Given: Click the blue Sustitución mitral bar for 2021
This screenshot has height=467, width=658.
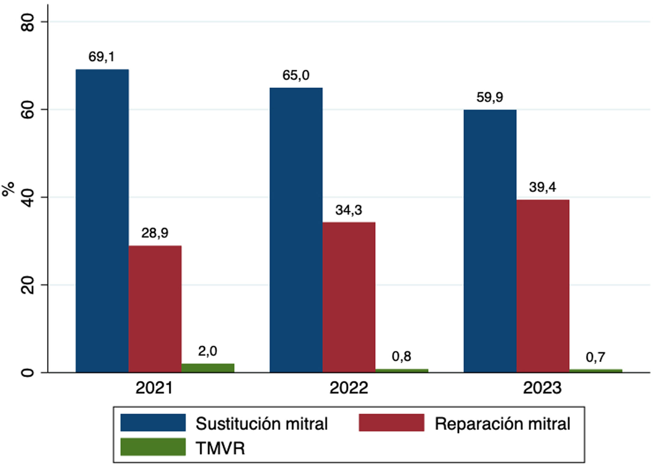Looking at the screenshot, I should point(102,221).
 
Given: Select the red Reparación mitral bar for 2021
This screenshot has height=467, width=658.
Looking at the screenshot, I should point(155,309).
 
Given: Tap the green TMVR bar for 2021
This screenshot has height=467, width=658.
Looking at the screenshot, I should point(208,368).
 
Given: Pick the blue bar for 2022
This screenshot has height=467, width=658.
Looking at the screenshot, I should point(296,230).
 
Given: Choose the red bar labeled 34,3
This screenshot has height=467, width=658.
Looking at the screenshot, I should point(349,297).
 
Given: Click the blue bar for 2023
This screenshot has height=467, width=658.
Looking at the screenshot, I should point(490,241).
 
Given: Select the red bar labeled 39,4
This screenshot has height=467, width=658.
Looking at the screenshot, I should point(543,286).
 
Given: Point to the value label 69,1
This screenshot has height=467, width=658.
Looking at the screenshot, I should point(101,57).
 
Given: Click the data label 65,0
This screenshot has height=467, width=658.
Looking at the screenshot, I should point(296,75).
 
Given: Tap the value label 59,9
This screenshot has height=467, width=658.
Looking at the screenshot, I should point(489,97).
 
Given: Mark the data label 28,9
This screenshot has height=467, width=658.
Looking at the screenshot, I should point(155,233).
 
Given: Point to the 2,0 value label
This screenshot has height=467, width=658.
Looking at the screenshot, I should point(207,351).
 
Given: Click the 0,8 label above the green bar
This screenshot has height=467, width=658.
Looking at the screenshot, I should point(401,356).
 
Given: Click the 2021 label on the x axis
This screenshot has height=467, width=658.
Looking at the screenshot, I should point(154,388).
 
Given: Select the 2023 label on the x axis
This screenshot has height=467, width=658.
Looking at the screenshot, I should point(542,388).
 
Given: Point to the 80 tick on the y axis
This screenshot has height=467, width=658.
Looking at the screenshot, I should point(28,22).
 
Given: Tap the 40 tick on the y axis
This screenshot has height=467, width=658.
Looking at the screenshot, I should point(28,197).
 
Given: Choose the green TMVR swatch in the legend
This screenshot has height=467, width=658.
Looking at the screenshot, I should point(153,447).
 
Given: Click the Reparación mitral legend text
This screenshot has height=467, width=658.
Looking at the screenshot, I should point(503,424).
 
